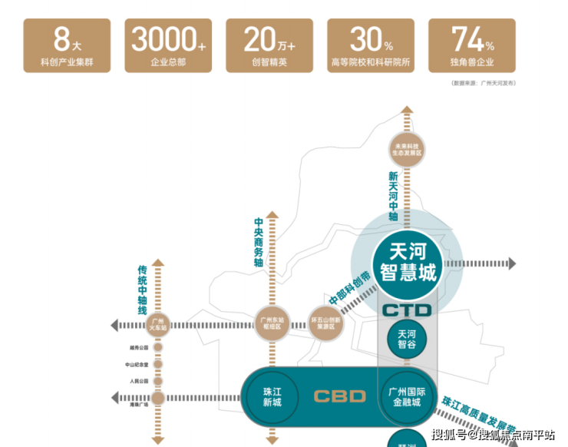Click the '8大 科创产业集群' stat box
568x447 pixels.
point(67,45)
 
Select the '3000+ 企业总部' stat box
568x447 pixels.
point(168,45)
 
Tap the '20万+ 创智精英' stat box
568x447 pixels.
point(269,45)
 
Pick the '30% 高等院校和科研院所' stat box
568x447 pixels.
point(371,45)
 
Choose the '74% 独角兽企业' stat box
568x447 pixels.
point(472,45)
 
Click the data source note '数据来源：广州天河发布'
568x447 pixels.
point(483,82)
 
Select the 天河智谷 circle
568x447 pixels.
point(407,339)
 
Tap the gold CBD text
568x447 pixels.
point(340,397)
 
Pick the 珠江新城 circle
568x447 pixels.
point(271,396)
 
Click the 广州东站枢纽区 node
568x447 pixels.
point(271,323)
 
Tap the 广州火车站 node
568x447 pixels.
point(158,323)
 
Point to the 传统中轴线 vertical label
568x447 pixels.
point(143,290)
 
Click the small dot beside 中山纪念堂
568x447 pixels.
point(158,364)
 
